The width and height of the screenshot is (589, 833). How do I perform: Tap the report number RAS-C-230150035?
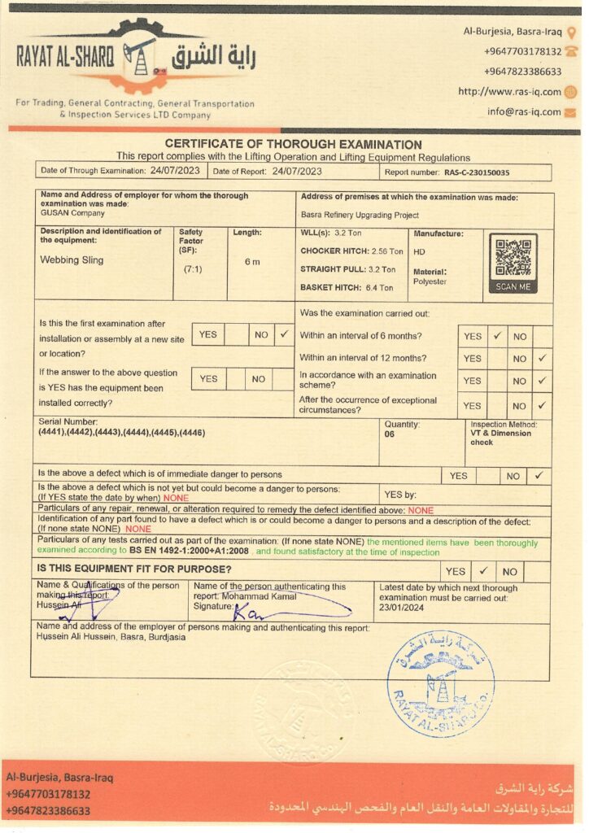(x=477, y=172)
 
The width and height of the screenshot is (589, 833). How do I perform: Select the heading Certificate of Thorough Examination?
(x=294, y=144)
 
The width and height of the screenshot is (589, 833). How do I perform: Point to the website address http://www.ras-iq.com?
(x=509, y=92)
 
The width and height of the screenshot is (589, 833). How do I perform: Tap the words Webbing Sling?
(x=72, y=261)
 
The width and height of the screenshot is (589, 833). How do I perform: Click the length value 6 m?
(x=252, y=261)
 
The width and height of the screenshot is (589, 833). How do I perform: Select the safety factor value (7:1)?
(x=193, y=268)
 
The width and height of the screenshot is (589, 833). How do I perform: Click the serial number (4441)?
(x=52, y=431)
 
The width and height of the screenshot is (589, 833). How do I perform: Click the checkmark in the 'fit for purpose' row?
(x=482, y=571)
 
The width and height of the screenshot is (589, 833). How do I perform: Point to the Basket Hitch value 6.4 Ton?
(x=374, y=287)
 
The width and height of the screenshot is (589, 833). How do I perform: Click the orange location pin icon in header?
(x=571, y=33)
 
